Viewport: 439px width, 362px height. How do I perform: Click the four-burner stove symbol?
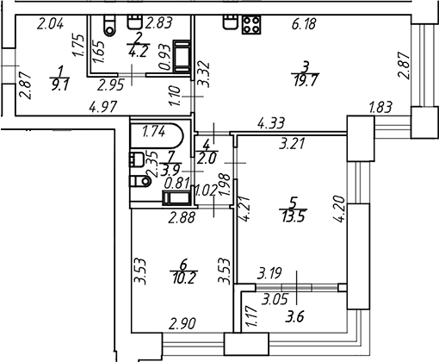(x=251, y=24)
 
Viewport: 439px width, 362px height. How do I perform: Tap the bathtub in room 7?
(x=157, y=135)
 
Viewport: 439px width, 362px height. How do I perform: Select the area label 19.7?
(x=306, y=81)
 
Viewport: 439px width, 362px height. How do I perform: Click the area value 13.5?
(x=294, y=216)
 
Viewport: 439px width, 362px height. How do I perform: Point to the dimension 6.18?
(x=304, y=24)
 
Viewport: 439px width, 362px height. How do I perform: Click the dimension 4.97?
(x=103, y=108)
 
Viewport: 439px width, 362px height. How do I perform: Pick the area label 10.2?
(x=184, y=278)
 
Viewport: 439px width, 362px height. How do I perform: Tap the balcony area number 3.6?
(x=294, y=318)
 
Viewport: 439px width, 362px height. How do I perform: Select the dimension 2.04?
(x=50, y=23)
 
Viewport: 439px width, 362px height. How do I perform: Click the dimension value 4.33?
(x=271, y=123)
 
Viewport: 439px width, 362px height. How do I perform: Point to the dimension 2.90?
(x=182, y=324)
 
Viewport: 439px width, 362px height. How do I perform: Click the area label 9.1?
(x=60, y=85)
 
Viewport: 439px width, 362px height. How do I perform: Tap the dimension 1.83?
(x=380, y=107)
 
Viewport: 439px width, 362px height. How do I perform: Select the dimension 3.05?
(x=275, y=300)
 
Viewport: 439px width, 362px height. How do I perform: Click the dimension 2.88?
(x=182, y=217)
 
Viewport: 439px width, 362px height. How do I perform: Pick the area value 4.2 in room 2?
(x=139, y=52)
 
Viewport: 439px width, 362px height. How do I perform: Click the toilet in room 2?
(x=109, y=25)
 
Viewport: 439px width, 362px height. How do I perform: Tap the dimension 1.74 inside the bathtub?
(x=154, y=132)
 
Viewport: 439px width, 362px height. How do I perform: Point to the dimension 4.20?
(x=338, y=209)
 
